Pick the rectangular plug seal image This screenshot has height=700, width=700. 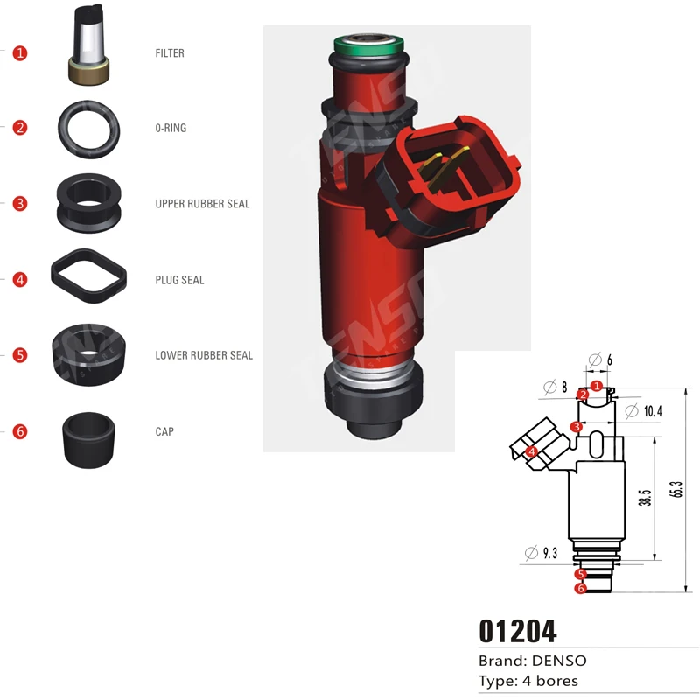click(x=87, y=277)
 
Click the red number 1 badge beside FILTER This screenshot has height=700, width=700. click(x=20, y=53)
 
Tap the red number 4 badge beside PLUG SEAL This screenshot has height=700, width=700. click(x=20, y=280)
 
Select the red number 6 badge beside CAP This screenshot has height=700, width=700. click(x=20, y=431)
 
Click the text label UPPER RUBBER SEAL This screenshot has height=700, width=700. click(x=202, y=204)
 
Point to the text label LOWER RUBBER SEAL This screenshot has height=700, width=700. click(x=204, y=355)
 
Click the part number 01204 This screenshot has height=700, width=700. click(x=517, y=631)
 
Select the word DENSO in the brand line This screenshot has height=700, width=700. click(x=559, y=661)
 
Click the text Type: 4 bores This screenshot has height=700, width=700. click(x=528, y=681)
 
